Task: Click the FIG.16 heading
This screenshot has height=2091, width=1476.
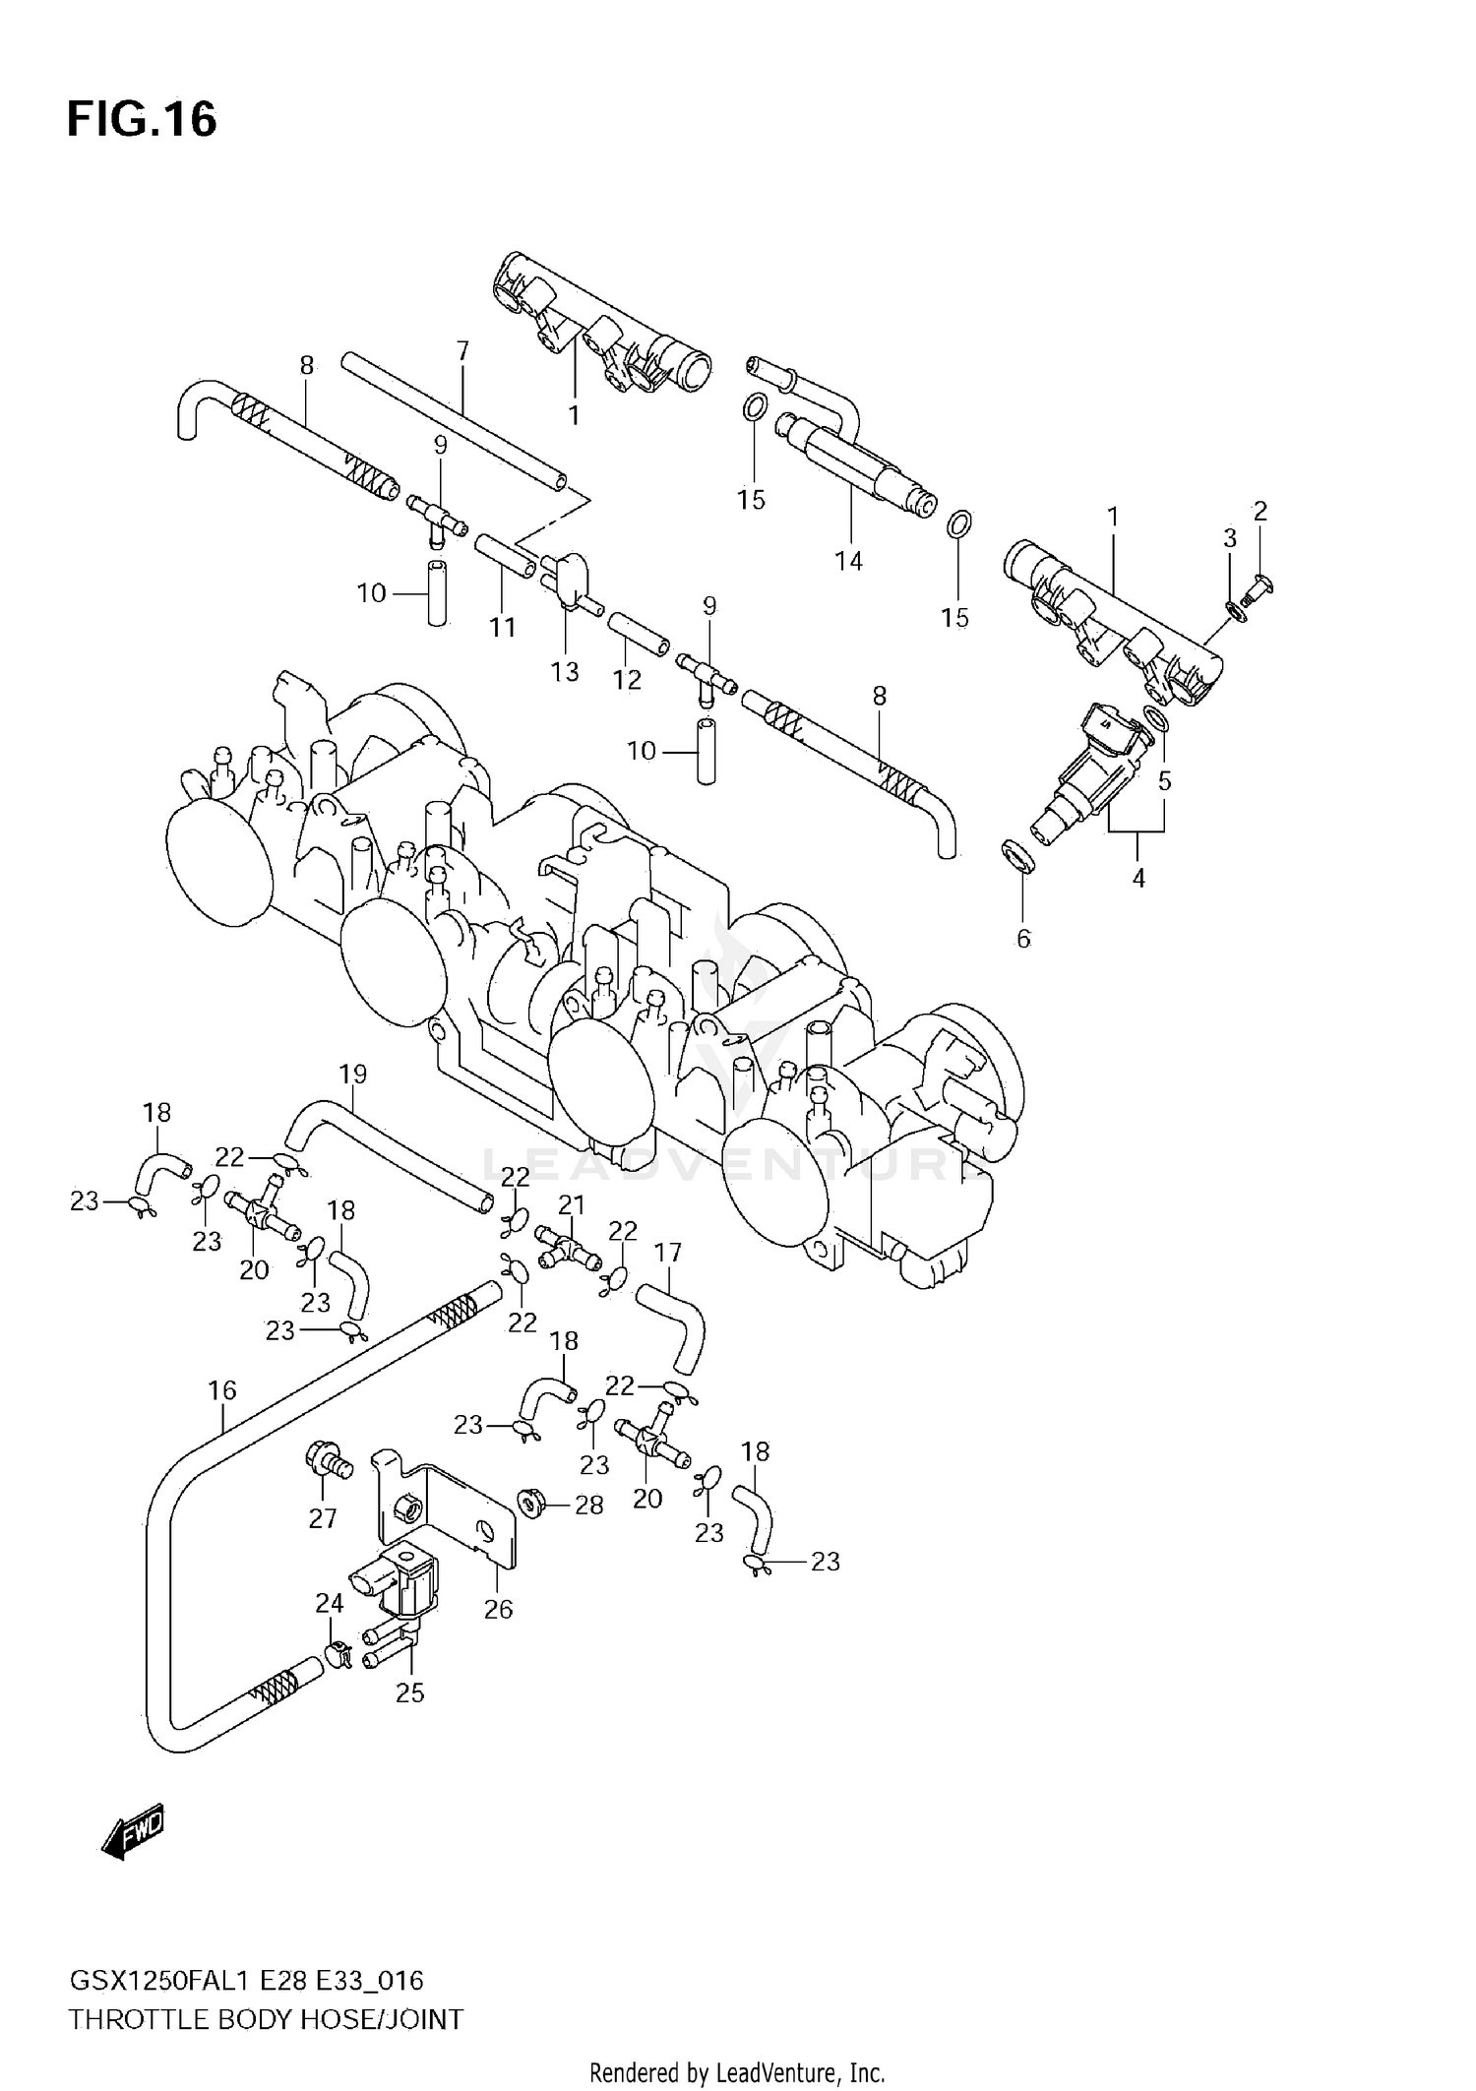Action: click(142, 120)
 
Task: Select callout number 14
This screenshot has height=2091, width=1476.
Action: click(848, 561)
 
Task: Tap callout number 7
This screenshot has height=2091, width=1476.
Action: click(462, 351)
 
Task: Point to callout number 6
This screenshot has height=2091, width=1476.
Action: click(1023, 939)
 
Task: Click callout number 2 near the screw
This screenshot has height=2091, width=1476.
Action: click(1260, 511)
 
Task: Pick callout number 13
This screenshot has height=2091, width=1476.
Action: click(565, 672)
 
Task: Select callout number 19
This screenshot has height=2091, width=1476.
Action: click(352, 1074)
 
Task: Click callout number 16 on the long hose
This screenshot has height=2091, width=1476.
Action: click(222, 1389)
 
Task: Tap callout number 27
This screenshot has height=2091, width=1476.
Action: click(323, 1518)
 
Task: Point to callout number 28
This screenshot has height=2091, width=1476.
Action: click(588, 1505)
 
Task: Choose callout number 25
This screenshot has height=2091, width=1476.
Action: click(409, 1692)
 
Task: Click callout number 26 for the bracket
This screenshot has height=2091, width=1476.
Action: click(498, 1609)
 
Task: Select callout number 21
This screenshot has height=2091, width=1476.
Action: click(572, 1204)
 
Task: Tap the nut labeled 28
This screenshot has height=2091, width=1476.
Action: click(531, 1504)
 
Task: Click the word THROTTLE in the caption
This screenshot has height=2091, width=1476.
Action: click(138, 2020)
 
